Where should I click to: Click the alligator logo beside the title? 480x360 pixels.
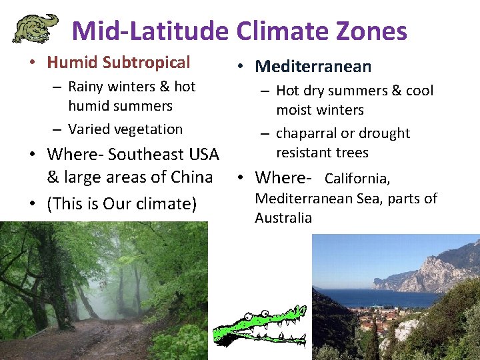click(35, 28)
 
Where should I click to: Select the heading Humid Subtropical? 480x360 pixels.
click(119, 63)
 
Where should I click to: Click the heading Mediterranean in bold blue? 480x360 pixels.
click(313, 66)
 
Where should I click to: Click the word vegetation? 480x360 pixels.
click(144, 129)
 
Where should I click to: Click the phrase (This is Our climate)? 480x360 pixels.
click(122, 203)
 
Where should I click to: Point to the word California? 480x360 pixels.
click(357, 179)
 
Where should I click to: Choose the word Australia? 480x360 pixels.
click(283, 218)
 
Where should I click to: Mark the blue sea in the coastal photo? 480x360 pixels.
click(360, 297)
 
